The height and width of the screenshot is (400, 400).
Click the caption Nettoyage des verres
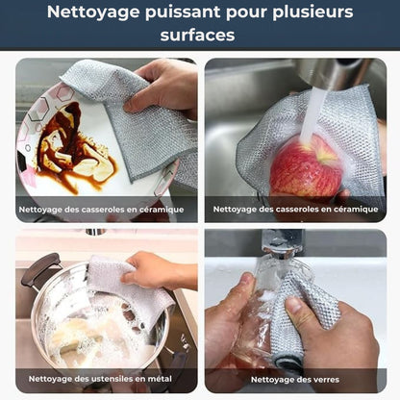[292, 379]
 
